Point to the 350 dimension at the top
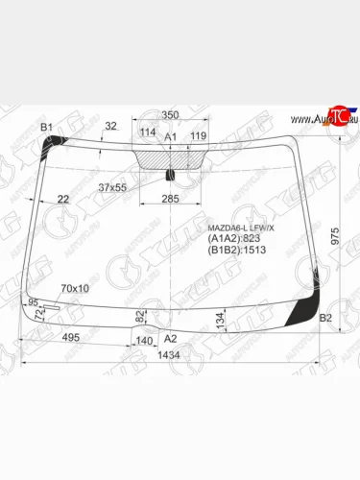coord(170,114)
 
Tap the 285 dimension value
coord(169,199)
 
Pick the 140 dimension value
coord(145,340)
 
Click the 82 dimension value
coord(141,315)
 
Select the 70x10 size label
coord(75,288)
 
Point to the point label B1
coord(46,128)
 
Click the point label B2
coord(324,318)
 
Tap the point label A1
coord(171,138)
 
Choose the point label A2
coord(171,339)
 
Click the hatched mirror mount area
coord(170,157)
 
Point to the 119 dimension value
coord(198,135)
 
